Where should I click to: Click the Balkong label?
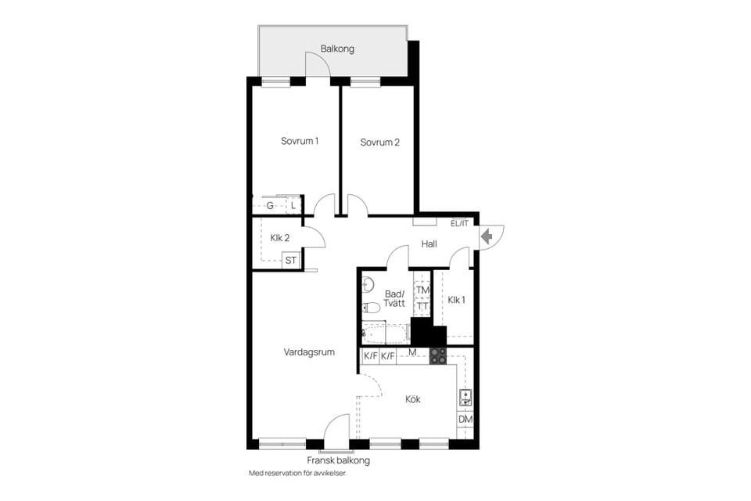(x=337, y=49)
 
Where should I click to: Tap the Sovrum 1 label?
(x=300, y=142)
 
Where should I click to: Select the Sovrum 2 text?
(x=380, y=142)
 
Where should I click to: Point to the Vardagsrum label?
(x=309, y=352)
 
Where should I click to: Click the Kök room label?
(x=413, y=399)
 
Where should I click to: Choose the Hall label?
(x=429, y=244)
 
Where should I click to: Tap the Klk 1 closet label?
(x=457, y=300)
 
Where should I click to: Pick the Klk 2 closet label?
(x=280, y=238)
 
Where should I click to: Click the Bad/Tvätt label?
(x=394, y=299)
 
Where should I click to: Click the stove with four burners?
(x=437, y=356)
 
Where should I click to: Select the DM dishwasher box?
(x=465, y=420)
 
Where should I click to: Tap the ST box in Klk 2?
(x=291, y=261)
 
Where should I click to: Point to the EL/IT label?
(x=460, y=224)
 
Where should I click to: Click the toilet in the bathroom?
(x=372, y=308)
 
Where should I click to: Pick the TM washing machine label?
(x=422, y=290)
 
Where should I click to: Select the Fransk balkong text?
(x=338, y=460)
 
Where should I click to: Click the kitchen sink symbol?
(x=465, y=397)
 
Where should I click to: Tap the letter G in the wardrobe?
(x=270, y=206)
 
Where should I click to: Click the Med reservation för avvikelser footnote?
(x=297, y=474)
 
